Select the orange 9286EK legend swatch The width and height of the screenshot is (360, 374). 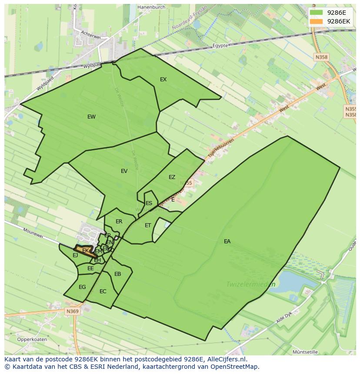316,21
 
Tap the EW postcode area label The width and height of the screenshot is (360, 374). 91,117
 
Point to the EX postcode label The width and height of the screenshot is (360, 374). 163,79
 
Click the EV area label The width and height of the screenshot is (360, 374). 124,171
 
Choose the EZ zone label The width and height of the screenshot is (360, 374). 172,177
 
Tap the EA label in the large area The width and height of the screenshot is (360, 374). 227,242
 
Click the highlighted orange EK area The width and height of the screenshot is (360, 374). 85,251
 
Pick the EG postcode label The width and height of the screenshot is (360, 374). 82,287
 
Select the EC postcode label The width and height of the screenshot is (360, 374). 103,291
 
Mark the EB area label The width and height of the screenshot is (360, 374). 117,274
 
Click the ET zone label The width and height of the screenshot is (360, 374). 148,225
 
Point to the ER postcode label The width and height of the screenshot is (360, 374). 119,222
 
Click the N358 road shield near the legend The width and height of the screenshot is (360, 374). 322,57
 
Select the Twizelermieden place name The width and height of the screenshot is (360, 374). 251,285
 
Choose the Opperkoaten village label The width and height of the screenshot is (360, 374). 32,339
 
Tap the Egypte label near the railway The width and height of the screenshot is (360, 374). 220,46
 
